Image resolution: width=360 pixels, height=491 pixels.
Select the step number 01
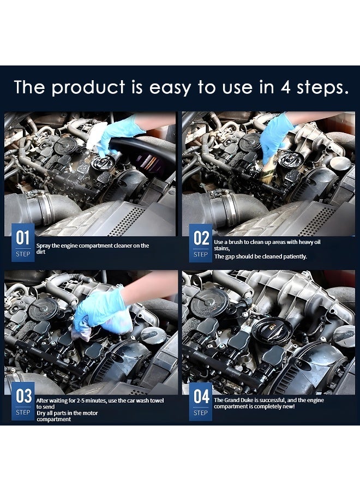(x=22, y=238)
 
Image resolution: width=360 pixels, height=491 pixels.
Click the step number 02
(x=201, y=238)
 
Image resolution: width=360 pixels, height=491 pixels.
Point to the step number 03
(x=23, y=397)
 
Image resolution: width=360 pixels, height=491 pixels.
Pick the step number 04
(x=201, y=397)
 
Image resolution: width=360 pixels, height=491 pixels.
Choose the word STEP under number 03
(x=23, y=412)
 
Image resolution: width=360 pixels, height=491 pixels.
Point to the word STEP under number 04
(x=201, y=412)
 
